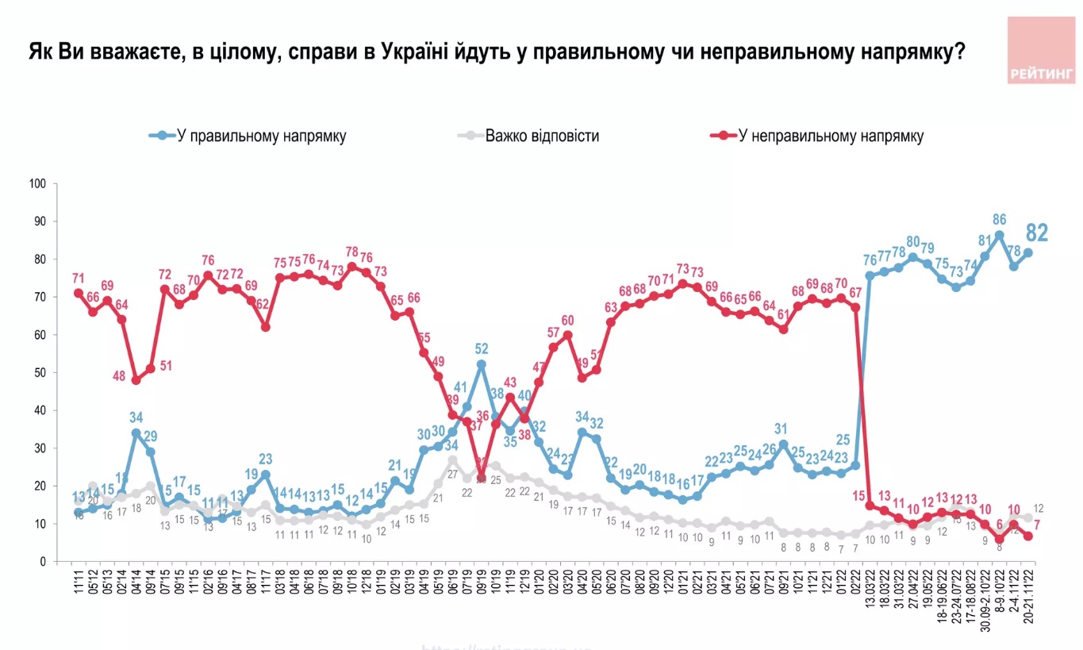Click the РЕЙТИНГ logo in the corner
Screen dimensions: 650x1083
click(1041, 50)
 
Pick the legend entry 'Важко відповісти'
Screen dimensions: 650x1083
click(541, 136)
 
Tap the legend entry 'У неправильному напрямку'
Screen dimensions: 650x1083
click(831, 136)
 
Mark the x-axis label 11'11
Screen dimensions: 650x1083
click(79, 583)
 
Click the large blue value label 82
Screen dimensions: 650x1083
click(1036, 233)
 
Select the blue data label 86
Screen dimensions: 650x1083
click(1000, 219)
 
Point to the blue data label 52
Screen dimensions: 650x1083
click(481, 348)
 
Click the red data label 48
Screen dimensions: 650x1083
click(120, 376)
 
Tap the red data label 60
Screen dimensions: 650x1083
click(567, 321)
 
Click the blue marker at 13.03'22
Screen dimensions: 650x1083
click(870, 275)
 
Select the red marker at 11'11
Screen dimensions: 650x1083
click(79, 293)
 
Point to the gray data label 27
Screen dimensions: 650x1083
click(453, 474)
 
